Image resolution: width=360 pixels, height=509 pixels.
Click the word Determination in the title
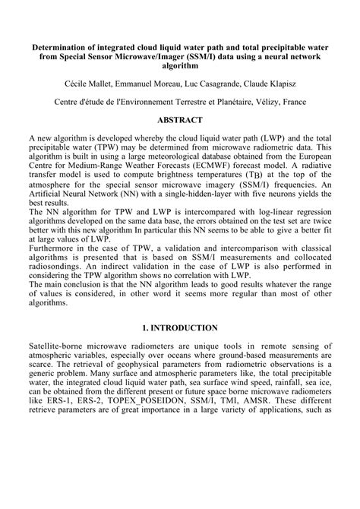pyautogui.click(x=58, y=46)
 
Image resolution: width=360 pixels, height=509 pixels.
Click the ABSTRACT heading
pyautogui.click(x=179, y=120)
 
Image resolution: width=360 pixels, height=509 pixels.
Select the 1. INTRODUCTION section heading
pyautogui.click(x=179, y=327)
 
